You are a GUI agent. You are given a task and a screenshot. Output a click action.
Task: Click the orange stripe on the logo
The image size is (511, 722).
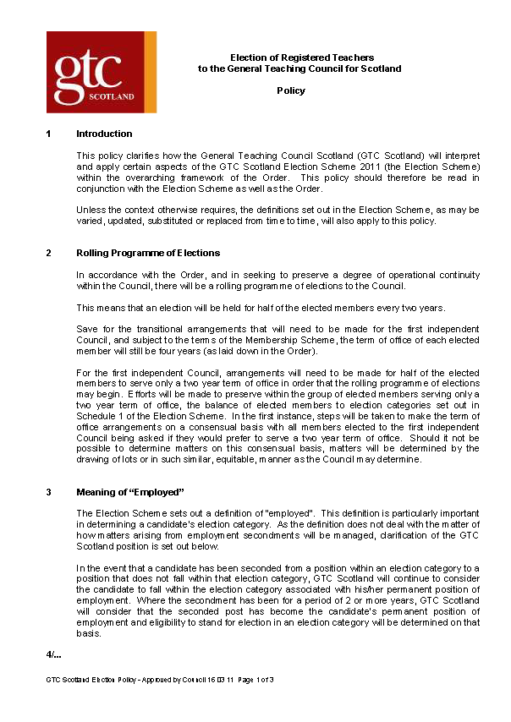[x=151, y=72]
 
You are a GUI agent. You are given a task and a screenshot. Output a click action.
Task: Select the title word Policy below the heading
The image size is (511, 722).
[x=291, y=90]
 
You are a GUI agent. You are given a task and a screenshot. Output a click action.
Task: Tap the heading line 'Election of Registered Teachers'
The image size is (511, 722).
[x=291, y=57]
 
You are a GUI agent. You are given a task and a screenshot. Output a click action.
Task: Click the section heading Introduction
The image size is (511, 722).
[x=104, y=134]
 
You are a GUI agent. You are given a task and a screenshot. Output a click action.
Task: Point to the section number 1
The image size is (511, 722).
[x=49, y=134]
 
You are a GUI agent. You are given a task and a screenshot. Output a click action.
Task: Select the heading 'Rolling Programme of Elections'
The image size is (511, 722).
[x=148, y=253]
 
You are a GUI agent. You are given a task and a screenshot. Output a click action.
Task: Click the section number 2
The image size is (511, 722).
[x=49, y=253]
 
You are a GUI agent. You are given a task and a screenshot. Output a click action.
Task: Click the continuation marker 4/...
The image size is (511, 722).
[x=53, y=654]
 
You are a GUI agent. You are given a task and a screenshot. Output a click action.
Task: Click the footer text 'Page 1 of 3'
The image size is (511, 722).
[x=254, y=681]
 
